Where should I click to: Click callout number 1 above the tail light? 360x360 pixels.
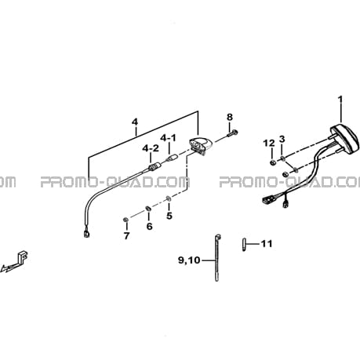pos(340,100)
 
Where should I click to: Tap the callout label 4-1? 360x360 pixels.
pos(169,138)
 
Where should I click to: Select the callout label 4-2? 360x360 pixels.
pos(151,148)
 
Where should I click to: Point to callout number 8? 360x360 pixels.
pos(230,117)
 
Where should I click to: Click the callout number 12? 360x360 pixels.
pos(269,143)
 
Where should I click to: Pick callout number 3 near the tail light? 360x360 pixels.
pos(282,139)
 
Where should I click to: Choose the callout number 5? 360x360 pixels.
pos(169,216)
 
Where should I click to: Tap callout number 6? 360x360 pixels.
pos(149,226)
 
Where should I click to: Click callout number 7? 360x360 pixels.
pos(126,236)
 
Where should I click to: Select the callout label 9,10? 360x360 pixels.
pos(189,260)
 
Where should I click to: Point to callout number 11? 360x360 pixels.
pos(267,244)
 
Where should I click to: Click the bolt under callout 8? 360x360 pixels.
pos(232,133)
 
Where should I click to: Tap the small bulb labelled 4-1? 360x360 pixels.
pos(173,158)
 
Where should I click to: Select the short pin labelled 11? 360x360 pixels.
pos(244,244)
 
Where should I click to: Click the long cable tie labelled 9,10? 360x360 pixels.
pos(217,257)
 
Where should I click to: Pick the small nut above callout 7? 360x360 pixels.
pos(125,220)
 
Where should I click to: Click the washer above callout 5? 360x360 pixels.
pos(169,199)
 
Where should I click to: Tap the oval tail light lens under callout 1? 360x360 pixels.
pos(344,138)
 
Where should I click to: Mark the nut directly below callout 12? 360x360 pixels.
pos(272,162)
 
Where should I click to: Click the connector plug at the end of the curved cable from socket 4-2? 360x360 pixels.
pos(86,235)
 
